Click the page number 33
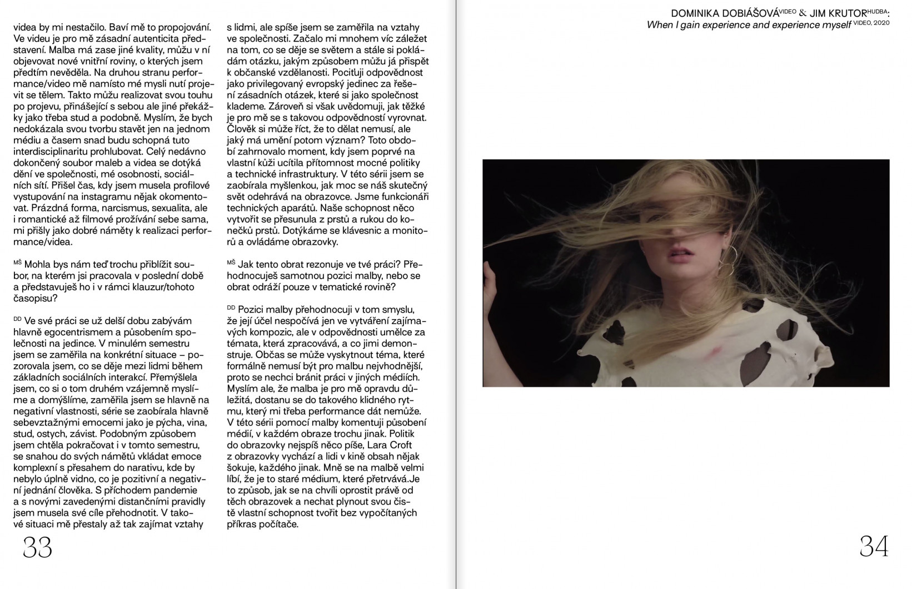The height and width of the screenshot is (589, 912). [37, 547]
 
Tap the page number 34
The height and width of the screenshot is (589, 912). [874, 547]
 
